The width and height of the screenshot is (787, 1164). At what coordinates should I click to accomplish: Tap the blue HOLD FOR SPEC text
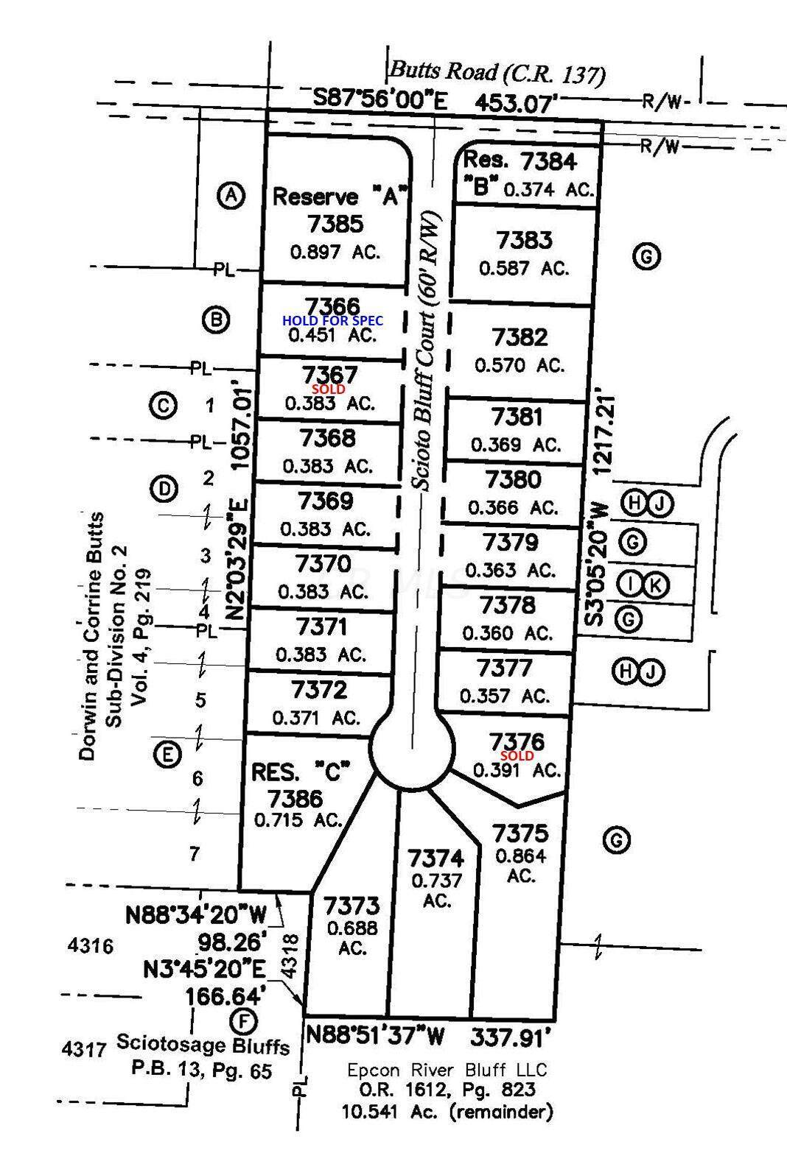(332, 320)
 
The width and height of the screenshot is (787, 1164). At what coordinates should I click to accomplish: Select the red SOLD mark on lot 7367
(328, 389)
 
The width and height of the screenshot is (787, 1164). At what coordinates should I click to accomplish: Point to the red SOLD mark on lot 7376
(517, 755)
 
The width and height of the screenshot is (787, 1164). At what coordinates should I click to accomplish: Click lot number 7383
(524, 240)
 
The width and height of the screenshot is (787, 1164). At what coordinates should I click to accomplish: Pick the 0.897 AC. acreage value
(335, 252)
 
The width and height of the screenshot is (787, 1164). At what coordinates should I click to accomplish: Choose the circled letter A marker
(231, 196)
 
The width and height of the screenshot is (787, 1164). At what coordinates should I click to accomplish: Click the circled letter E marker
(167, 755)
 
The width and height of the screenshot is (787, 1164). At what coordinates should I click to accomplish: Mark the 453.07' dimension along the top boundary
(513, 104)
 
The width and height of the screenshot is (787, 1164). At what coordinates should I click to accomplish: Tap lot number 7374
(436, 858)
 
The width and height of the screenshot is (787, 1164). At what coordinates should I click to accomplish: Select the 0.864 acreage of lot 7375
(521, 856)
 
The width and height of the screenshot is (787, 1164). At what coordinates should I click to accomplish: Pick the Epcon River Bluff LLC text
(447, 1070)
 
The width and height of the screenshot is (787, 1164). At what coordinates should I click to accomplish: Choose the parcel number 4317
(84, 1048)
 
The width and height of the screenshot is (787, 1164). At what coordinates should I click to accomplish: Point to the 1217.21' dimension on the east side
(604, 435)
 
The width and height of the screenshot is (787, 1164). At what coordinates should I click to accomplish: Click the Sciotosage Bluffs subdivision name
(203, 1043)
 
